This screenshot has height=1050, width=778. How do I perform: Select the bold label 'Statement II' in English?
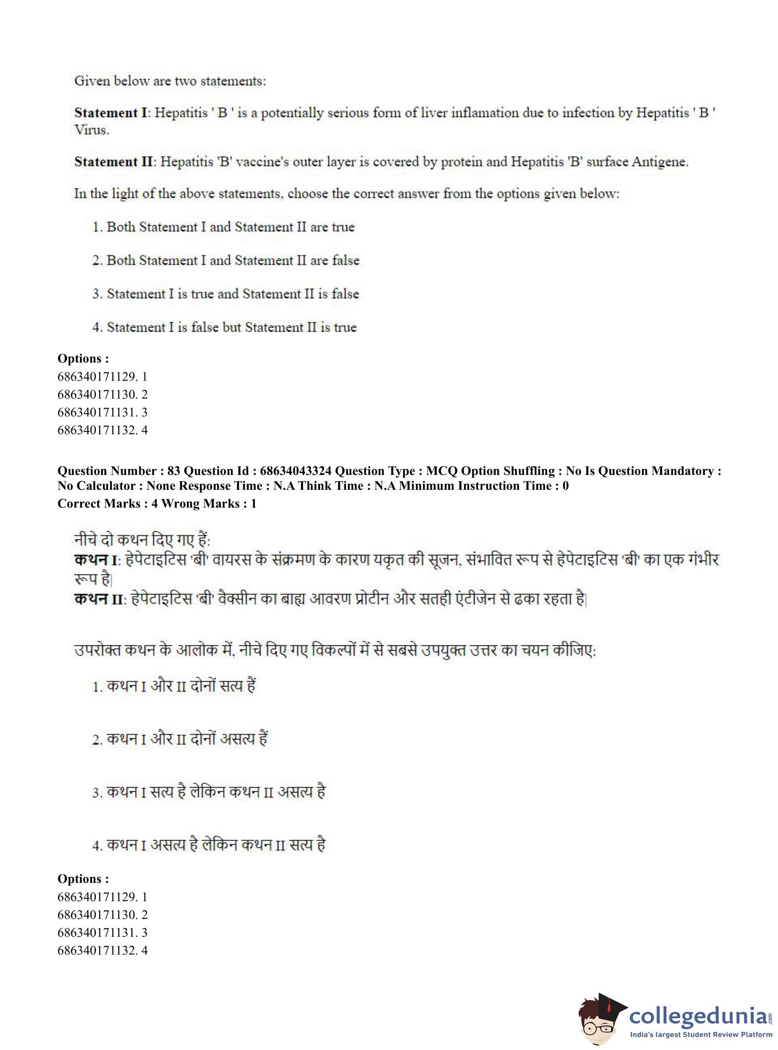pyautogui.click(x=114, y=162)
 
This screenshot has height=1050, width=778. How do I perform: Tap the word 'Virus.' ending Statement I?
pyautogui.click(x=92, y=131)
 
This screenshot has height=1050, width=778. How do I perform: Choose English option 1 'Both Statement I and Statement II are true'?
pyautogui.click(x=224, y=227)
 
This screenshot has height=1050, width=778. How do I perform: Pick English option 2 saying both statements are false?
pyautogui.click(x=226, y=261)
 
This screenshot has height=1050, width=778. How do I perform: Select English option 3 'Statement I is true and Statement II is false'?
pyautogui.click(x=226, y=294)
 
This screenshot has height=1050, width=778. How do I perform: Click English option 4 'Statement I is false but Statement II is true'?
pyautogui.click(x=225, y=327)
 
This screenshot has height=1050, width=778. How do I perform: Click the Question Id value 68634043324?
pyautogui.click(x=296, y=471)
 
